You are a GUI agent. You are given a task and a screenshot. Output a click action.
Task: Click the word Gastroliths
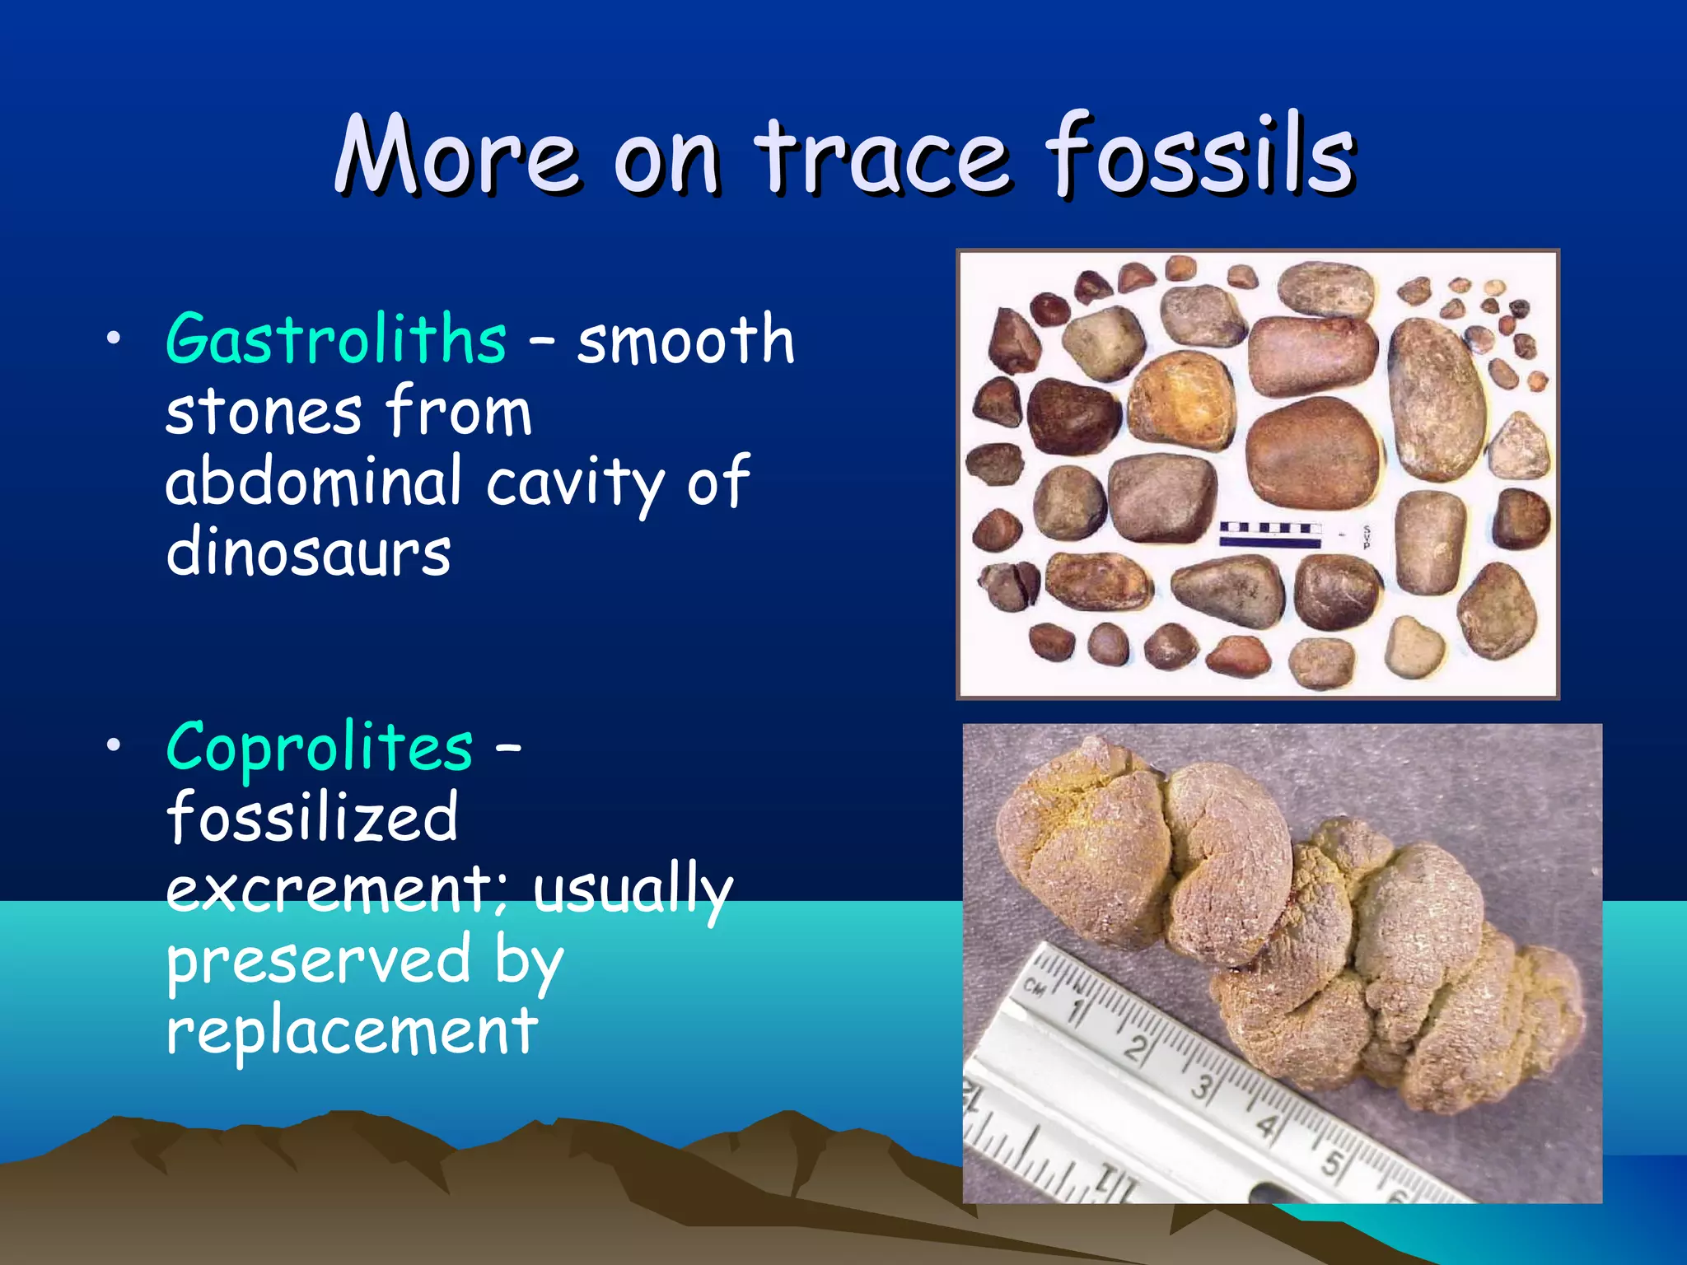[336, 339]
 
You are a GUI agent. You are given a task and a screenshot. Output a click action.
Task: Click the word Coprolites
[320, 747]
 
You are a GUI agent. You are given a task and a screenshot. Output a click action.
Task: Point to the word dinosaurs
[308, 553]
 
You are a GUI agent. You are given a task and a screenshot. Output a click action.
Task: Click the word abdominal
[314, 482]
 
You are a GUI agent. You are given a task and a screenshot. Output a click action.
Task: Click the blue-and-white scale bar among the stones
[1269, 534]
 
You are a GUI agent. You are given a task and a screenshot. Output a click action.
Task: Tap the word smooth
[685, 339]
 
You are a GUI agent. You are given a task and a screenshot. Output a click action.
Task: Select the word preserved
[319, 960]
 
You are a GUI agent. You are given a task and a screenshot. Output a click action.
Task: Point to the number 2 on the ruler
[1137, 1048]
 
